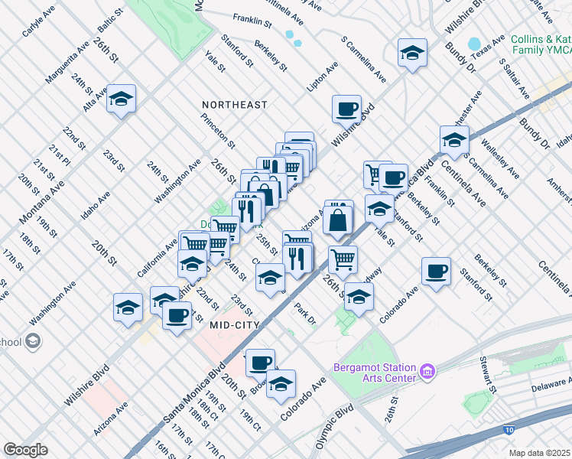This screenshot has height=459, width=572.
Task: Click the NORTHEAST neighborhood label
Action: (x=235, y=104)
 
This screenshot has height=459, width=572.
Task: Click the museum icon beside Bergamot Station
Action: (x=427, y=373)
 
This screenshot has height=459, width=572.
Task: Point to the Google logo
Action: (x=25, y=450)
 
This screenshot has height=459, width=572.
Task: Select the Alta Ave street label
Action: (x=96, y=99)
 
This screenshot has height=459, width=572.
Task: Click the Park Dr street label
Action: (x=305, y=314)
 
